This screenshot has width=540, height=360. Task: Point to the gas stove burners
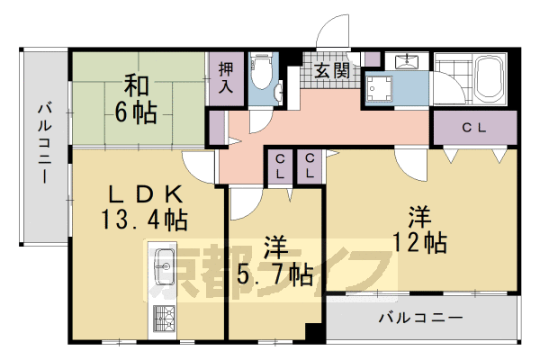[x=164, y=319]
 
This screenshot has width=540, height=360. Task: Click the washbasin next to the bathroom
[x=407, y=60]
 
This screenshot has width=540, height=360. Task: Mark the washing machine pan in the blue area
[x=380, y=89]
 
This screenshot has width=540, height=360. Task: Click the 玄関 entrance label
[x=332, y=71]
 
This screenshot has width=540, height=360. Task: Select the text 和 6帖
[x=136, y=100]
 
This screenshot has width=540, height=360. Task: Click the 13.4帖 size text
[x=144, y=220]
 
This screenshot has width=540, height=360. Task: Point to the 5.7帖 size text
[x=275, y=275]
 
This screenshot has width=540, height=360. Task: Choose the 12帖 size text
[x=419, y=242]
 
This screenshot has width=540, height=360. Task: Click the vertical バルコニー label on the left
[x=45, y=144]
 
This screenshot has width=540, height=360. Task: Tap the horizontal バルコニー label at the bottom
[x=421, y=318]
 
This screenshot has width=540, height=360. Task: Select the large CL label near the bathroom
[x=474, y=128]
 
